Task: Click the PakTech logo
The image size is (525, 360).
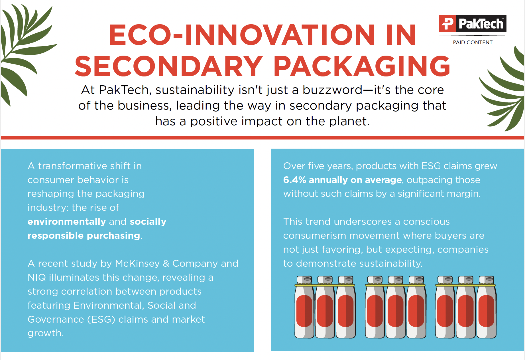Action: click(x=473, y=23)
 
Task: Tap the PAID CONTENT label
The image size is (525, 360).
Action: click(x=473, y=43)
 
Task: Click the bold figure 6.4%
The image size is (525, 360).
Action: click(x=294, y=180)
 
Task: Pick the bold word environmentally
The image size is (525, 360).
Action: click(x=67, y=222)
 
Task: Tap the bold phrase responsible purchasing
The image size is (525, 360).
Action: click(x=84, y=236)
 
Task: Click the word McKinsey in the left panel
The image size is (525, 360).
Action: click(x=137, y=264)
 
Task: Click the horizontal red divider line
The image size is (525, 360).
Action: click(x=262, y=138)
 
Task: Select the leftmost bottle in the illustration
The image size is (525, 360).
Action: click(x=304, y=308)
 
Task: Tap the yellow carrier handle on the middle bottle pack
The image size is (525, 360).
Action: click(x=395, y=285)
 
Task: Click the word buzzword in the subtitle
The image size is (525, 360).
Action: click(x=332, y=90)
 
